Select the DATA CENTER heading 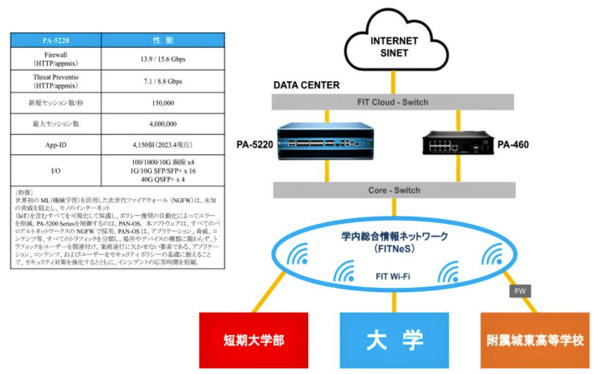307,84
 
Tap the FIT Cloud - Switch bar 393,102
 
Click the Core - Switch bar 393,190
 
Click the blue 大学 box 392,339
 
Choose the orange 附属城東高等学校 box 532,339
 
